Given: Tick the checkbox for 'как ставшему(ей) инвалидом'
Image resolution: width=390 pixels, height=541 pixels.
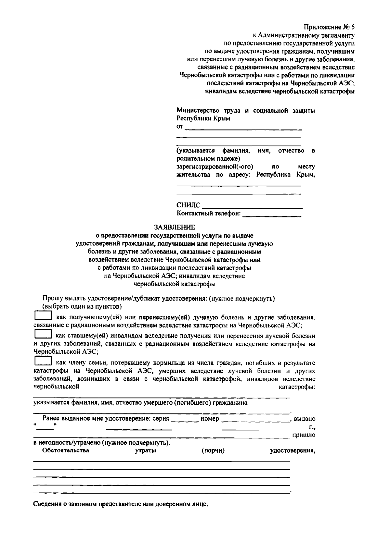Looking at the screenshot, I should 43,334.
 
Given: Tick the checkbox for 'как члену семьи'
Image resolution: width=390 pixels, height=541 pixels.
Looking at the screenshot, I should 43,361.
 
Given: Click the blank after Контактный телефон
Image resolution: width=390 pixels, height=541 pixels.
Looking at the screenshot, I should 271,214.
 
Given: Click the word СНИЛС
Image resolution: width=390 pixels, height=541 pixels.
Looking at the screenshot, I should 188,205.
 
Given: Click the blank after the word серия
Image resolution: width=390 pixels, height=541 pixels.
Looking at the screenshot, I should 185,419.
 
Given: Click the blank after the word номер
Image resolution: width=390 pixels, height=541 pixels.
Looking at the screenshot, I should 255,419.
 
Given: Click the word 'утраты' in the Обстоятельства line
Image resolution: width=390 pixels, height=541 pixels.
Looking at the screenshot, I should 145,451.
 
